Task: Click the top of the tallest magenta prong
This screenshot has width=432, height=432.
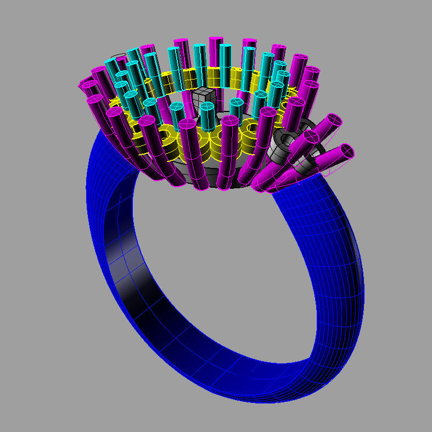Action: pyautogui.click(x=215, y=40)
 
